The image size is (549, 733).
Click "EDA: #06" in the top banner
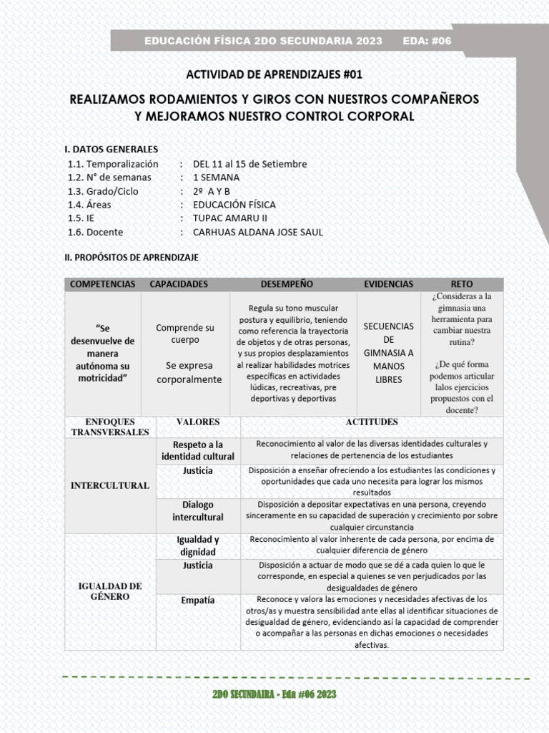pyautogui.click(x=427, y=41)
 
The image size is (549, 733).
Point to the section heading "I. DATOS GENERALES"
pyautogui.click(x=112, y=149)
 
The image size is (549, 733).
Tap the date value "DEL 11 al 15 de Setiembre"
pyautogui.click(x=249, y=164)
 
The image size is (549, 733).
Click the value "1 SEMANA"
pyautogui.click(x=216, y=178)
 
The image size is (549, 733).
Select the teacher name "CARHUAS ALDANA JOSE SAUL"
pyautogui.click(x=258, y=232)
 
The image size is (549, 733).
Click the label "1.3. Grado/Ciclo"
pyautogui.click(x=103, y=191)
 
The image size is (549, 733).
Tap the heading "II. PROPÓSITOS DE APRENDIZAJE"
pyautogui.click(x=132, y=256)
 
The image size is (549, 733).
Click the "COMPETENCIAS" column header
pyautogui.click(x=102, y=284)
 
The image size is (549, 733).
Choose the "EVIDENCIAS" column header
pyautogui.click(x=388, y=284)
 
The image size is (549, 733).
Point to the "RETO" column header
pyautogui.click(x=462, y=284)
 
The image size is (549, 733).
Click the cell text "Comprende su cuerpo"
pyautogui.click(x=185, y=334)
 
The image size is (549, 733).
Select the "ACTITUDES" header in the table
pyautogui.click(x=372, y=422)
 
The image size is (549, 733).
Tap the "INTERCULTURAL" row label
pyautogui.click(x=109, y=485)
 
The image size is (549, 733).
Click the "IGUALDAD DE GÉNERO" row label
pyautogui.click(x=109, y=591)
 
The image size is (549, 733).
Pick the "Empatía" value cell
pyautogui.click(x=197, y=601)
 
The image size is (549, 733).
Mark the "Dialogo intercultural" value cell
pyautogui.click(x=197, y=510)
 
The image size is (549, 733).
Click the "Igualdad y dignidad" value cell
pyautogui.click(x=197, y=545)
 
